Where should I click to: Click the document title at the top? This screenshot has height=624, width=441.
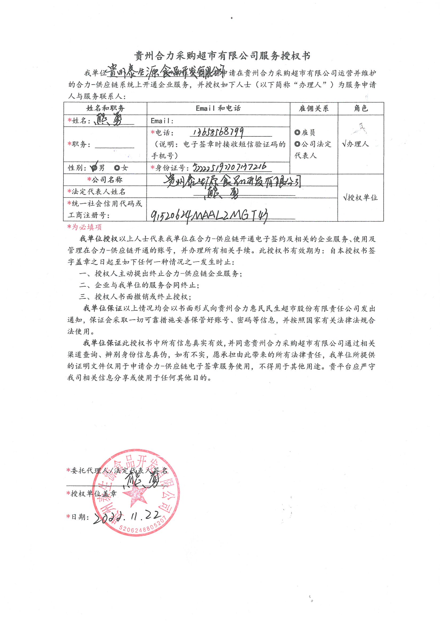point(222,56)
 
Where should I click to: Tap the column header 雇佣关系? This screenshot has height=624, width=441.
point(313,109)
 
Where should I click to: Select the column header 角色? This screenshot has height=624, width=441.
point(361,109)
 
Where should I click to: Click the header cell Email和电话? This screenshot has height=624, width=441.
point(218,108)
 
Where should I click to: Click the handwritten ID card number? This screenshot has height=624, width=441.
point(230,167)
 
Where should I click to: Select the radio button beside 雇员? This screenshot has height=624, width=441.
point(297,133)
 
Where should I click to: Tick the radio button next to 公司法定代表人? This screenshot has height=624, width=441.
point(297,144)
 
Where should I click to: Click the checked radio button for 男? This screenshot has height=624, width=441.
point(94,168)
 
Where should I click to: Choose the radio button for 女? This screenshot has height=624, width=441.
point(117,168)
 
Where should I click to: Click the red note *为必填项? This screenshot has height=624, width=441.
point(85,227)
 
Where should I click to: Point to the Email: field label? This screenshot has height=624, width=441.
point(162,121)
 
